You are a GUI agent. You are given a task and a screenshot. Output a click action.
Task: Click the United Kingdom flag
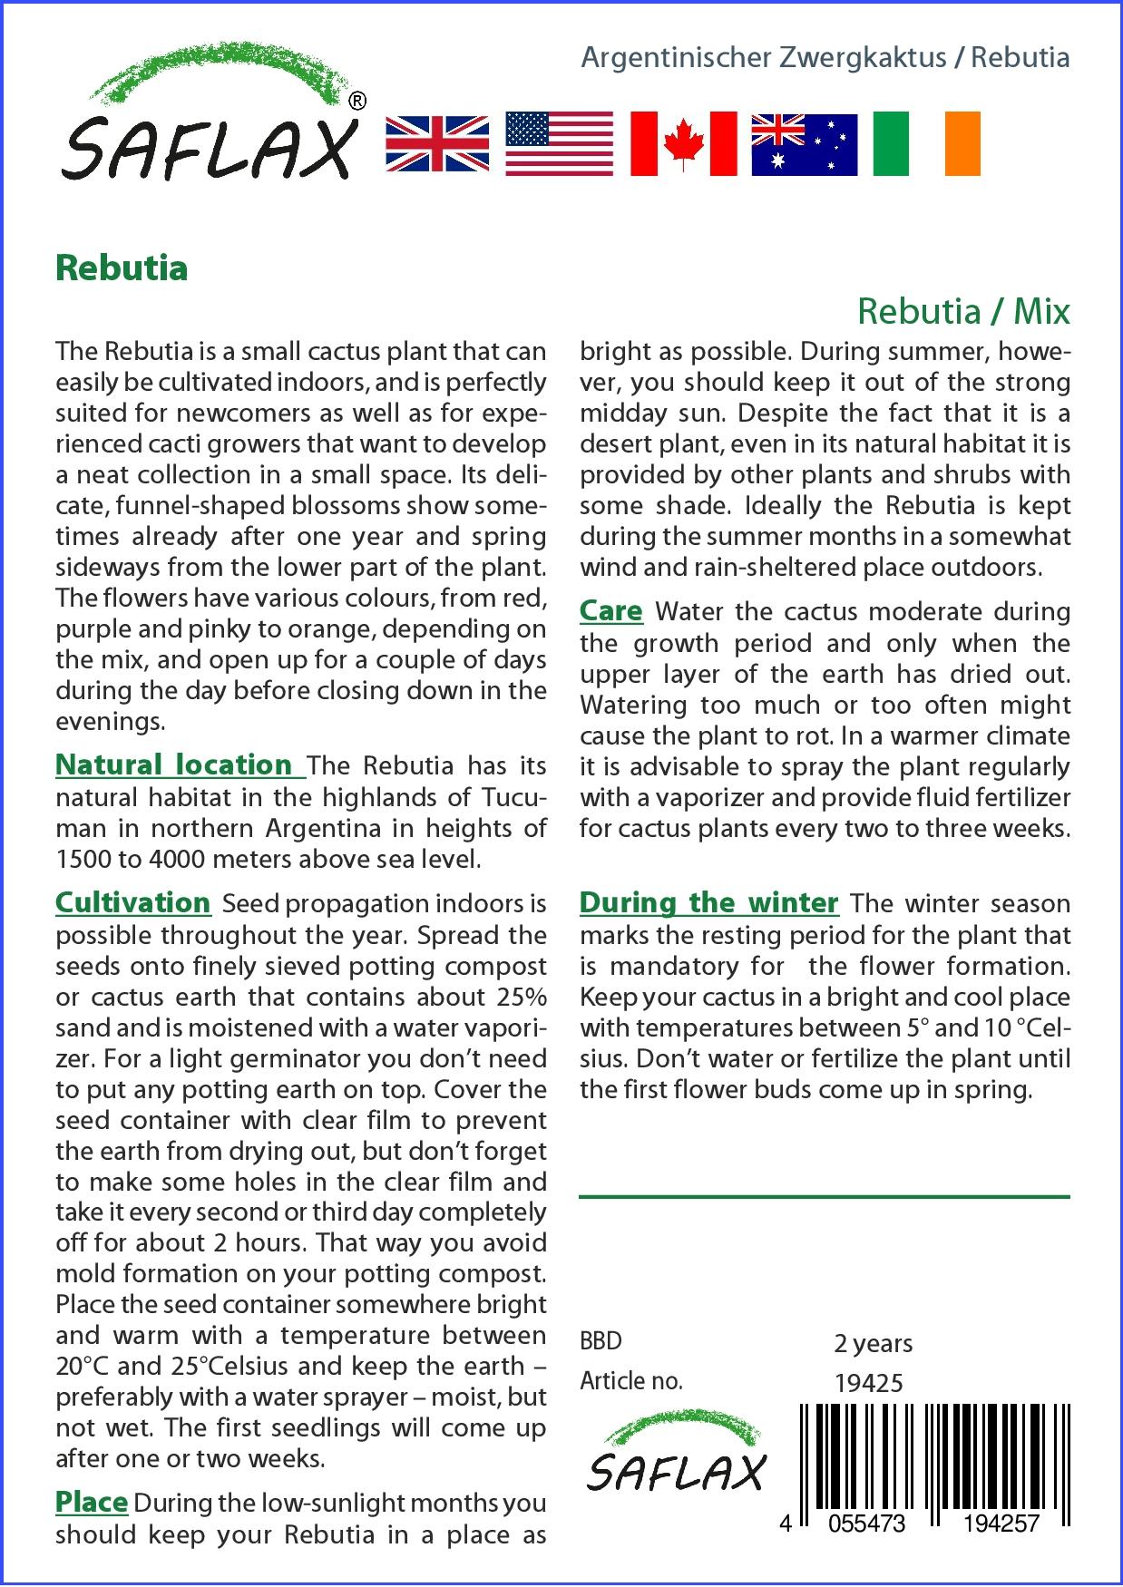tap(437, 144)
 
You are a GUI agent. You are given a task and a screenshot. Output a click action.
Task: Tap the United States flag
tap(558, 144)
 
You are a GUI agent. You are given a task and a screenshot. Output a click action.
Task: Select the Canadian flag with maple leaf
tap(683, 144)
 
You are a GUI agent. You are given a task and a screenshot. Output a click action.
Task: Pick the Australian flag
tap(804, 144)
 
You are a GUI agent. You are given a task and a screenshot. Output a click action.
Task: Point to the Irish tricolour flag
tap(926, 144)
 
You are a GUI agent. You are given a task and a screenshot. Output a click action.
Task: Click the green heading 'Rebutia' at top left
tap(122, 268)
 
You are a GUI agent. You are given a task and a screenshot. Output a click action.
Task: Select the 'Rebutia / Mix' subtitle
tap(963, 312)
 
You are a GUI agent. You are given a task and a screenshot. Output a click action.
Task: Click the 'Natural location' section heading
tap(179, 765)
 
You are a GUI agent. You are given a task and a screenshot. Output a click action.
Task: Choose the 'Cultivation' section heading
tap(133, 903)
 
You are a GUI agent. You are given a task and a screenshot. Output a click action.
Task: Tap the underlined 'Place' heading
tap(91, 1502)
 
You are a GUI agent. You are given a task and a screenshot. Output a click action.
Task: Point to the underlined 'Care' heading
tap(610, 611)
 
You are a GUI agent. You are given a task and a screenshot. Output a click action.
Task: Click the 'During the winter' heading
tap(708, 903)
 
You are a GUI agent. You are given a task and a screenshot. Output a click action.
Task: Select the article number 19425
tap(868, 1382)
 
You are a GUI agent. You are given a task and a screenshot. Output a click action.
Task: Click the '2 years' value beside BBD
tap(873, 1343)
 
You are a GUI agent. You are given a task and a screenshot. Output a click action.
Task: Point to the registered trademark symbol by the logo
tap(357, 102)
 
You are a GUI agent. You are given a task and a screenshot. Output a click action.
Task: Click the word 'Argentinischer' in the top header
tap(673, 58)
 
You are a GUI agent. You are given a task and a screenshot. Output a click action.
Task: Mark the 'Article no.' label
tap(631, 1381)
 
